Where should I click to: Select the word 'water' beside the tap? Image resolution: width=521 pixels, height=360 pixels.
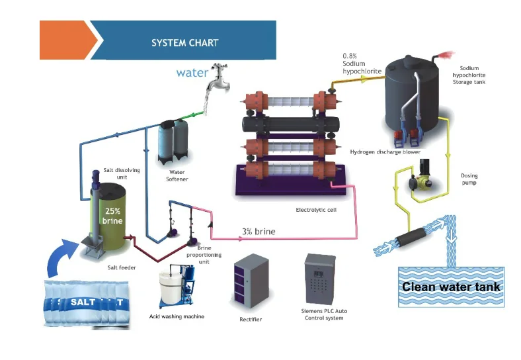click(192, 72)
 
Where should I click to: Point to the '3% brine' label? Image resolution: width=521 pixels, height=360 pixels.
click(258, 232)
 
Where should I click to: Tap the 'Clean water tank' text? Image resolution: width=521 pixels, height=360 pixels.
click(451, 287)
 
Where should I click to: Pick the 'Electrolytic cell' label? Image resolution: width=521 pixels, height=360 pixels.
click(316, 210)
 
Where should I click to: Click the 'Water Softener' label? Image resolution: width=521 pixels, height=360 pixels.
click(178, 175)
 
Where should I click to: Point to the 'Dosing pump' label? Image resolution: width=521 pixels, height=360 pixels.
click(469, 179)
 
